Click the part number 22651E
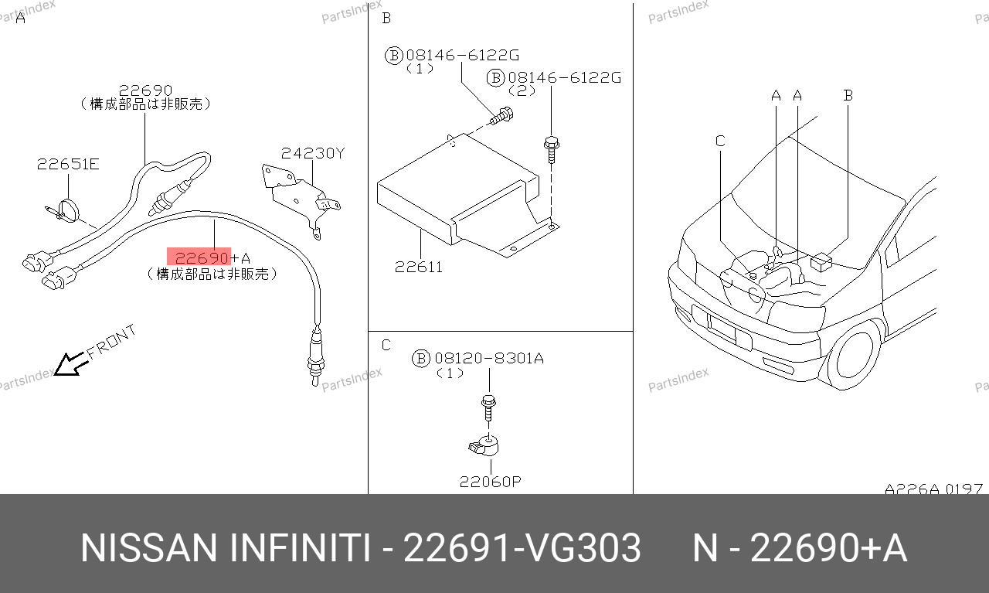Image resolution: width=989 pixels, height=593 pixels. (68, 165)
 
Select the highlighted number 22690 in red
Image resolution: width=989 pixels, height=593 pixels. (202, 257)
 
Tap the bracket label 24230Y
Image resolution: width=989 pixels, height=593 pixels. (313, 153)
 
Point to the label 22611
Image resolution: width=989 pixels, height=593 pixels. (419, 267)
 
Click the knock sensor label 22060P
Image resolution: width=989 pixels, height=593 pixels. (491, 482)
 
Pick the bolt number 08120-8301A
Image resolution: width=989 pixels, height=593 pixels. (489, 358)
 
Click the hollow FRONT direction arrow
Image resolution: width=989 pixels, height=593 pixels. (70, 364)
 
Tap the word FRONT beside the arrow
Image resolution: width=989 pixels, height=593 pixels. (111, 342)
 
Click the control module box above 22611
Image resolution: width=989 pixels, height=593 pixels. (468, 196)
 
